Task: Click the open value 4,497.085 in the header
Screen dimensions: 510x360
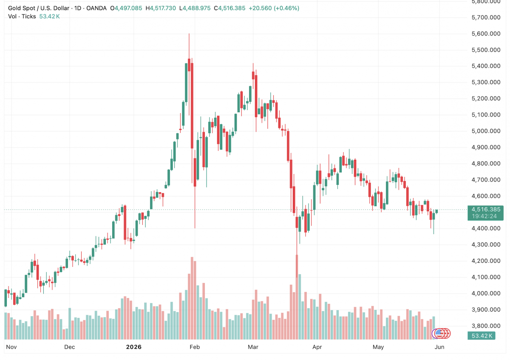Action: [128, 8]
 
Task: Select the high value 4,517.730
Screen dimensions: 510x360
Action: [162, 8]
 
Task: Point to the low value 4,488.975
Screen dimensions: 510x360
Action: [196, 8]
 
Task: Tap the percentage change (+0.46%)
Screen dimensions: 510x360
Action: [286, 8]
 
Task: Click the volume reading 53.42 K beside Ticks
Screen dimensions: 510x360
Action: [49, 17]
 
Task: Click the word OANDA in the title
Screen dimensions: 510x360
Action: [96, 8]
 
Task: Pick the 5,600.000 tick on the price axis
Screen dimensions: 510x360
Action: [486, 34]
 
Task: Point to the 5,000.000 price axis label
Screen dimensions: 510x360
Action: [486, 131]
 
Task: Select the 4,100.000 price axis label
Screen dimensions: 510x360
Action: [486, 277]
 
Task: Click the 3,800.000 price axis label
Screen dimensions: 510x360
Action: [486, 326]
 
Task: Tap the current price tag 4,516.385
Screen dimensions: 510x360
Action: [486, 209]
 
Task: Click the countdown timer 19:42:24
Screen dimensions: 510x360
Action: [484, 216]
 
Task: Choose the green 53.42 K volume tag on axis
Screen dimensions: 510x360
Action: [482, 336]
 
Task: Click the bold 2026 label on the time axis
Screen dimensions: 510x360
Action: [133, 347]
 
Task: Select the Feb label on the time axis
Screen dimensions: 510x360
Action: [195, 347]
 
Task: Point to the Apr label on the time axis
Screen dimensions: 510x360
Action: [317, 347]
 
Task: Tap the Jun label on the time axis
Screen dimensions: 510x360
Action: [439, 347]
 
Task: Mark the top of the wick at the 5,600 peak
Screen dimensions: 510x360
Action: [189, 34]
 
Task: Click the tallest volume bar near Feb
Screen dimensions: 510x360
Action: [192, 298]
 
